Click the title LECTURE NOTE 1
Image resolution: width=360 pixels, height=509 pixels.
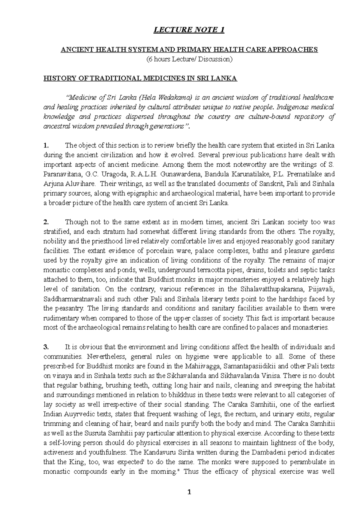coord(189,30)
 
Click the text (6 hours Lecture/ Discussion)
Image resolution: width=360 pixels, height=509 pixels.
coord(189,59)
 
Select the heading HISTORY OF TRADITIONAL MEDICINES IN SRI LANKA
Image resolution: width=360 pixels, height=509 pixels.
coord(140,79)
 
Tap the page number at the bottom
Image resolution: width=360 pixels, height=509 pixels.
coord(189,492)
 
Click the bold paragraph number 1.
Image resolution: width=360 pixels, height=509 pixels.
coord(46,146)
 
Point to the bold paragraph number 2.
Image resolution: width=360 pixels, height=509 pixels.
coord(46,222)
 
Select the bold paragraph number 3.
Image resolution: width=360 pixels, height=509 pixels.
coord(46,347)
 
